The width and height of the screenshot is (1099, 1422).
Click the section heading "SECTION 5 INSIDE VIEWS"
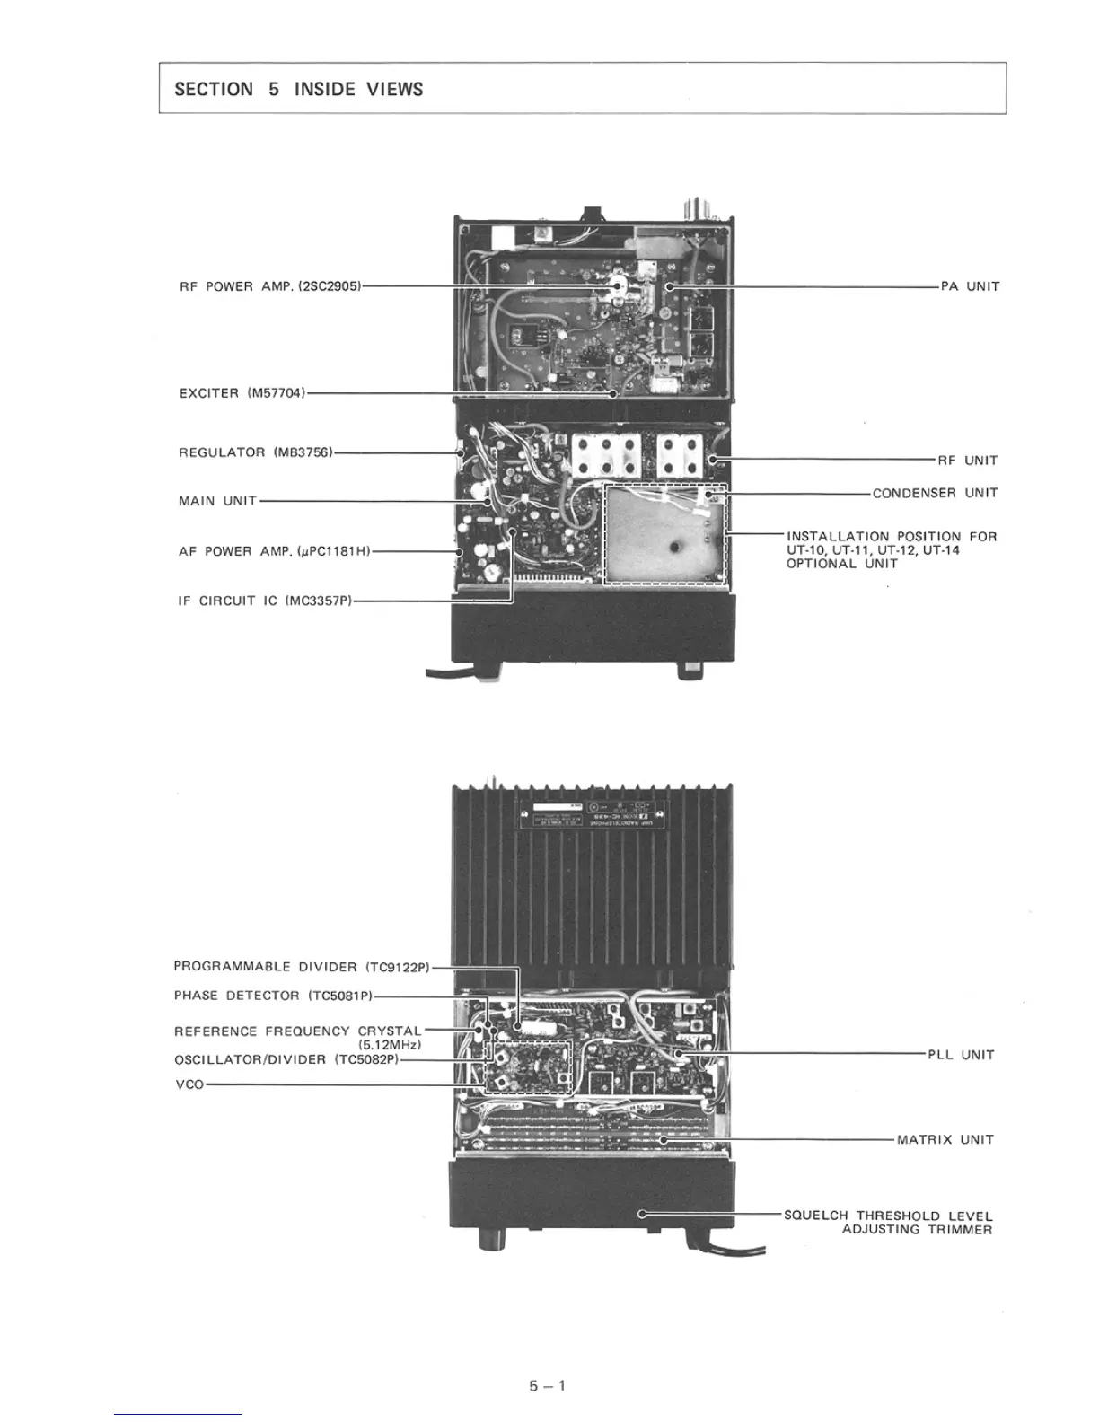[x=298, y=89]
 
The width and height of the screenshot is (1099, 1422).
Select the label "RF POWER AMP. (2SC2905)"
[x=269, y=286]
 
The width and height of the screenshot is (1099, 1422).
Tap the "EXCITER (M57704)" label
[x=242, y=393]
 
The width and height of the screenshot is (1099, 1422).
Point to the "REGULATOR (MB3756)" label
[x=256, y=452]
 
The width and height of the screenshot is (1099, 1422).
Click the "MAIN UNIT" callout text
[x=217, y=501]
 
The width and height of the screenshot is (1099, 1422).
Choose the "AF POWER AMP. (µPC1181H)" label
[x=274, y=551]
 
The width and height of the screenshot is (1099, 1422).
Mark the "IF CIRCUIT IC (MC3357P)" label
[x=265, y=601]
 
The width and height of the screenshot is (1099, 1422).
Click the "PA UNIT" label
[x=970, y=286]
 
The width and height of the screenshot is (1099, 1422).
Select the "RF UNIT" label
[x=968, y=461]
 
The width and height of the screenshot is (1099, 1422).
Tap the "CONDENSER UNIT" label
[x=935, y=493]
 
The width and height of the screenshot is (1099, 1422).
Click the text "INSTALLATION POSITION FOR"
[x=891, y=537]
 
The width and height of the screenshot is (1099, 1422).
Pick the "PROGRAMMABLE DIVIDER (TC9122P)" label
[x=302, y=967]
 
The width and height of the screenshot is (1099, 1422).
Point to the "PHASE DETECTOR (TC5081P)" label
[x=273, y=996]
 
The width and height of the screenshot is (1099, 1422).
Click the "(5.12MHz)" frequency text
[x=390, y=1045]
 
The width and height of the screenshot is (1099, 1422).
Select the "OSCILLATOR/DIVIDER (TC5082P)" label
[x=286, y=1059]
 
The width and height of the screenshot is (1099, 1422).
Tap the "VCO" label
[x=189, y=1084]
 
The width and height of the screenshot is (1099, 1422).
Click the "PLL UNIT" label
[x=961, y=1055]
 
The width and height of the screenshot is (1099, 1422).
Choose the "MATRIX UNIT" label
[x=945, y=1140]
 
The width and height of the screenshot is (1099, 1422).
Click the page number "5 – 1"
[x=548, y=1385]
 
